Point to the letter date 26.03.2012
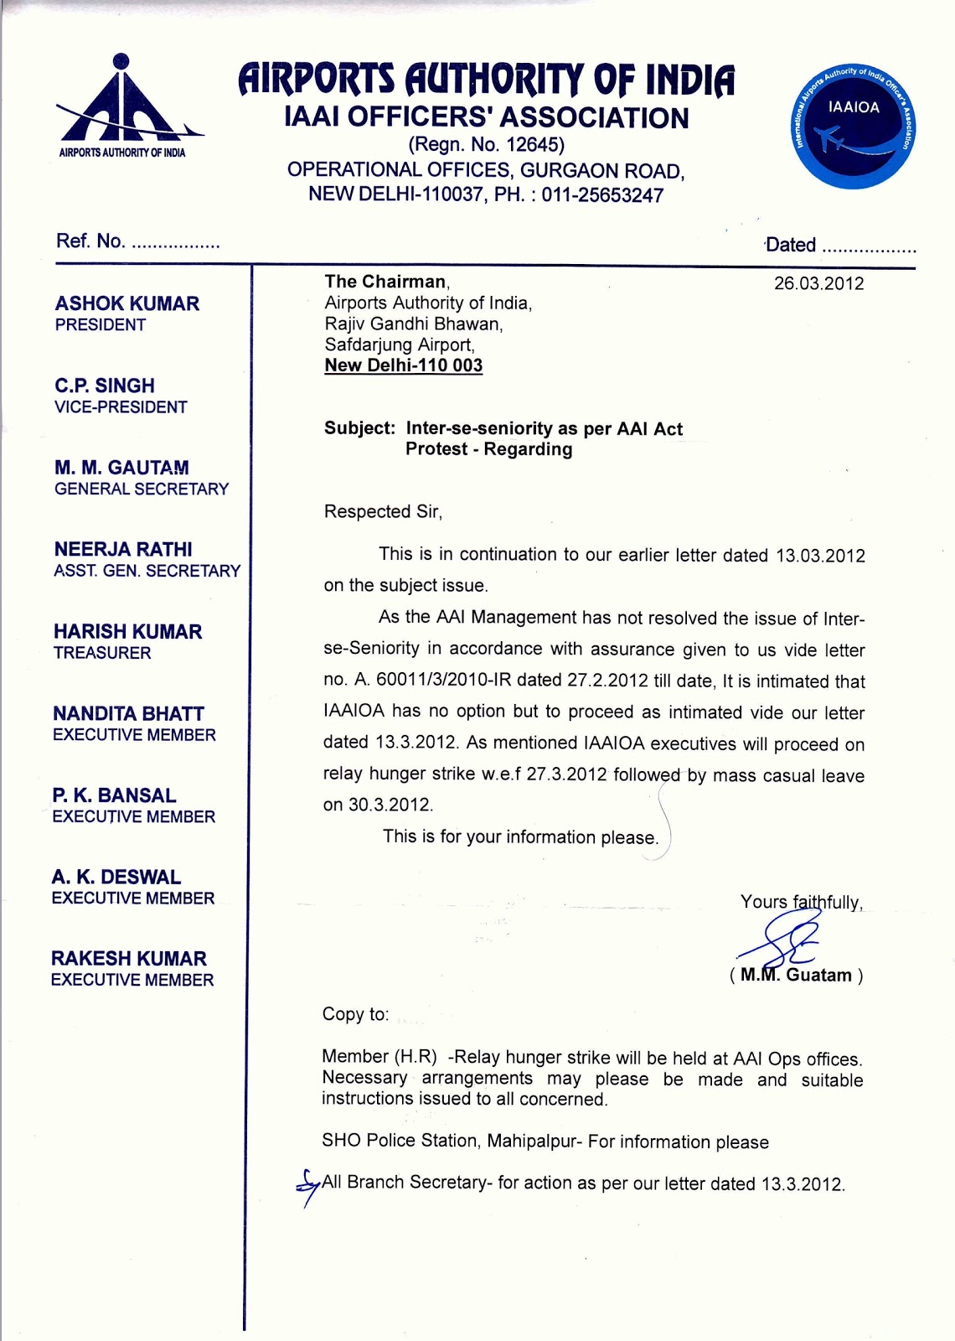tap(818, 283)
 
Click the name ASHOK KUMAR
tap(127, 303)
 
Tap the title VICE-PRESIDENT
tap(121, 407)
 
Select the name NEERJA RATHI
tap(123, 550)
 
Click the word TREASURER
tap(102, 653)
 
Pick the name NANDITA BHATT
tap(128, 714)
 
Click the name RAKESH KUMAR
tap(128, 959)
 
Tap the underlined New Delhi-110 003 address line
tap(403, 365)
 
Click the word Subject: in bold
tap(359, 428)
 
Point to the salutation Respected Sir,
tap(383, 511)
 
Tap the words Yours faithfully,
tap(801, 903)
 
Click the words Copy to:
tap(355, 1014)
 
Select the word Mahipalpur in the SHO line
tap(533, 1142)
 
